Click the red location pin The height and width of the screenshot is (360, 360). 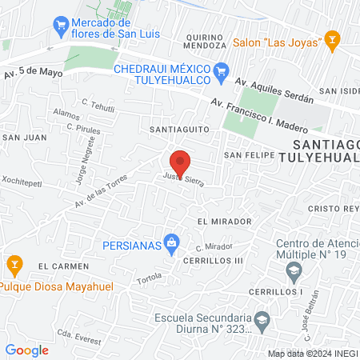[180, 162]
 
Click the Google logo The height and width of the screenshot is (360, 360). [26, 350]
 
